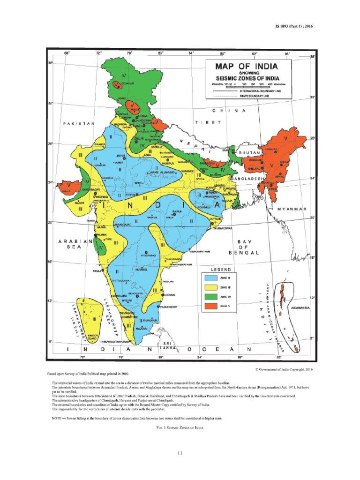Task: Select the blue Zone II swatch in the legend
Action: (x=210, y=278)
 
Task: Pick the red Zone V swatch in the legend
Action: (x=210, y=306)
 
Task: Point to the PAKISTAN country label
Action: (x=78, y=123)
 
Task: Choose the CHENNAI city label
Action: (x=169, y=295)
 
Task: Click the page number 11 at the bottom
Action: (x=180, y=452)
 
